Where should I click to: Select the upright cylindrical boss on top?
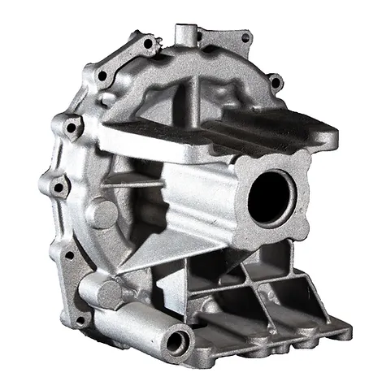[185, 36]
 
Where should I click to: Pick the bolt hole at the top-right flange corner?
[245, 37]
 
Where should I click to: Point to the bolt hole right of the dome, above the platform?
[276, 82]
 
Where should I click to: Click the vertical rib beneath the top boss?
[195, 89]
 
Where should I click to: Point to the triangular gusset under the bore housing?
[163, 252]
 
